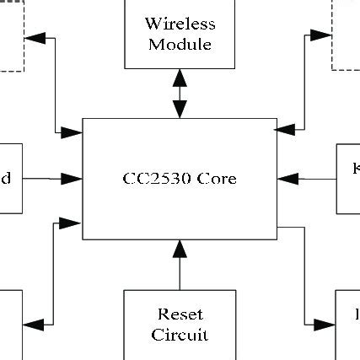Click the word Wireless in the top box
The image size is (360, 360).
click(x=180, y=24)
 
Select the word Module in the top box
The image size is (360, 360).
click(x=180, y=44)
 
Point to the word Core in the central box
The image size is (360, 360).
click(x=218, y=179)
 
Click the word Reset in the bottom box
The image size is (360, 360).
click(x=180, y=314)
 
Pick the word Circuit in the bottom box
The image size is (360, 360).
click(x=180, y=335)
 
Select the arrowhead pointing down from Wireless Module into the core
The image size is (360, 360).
click(x=180, y=110)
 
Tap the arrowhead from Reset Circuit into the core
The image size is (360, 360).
click(x=180, y=249)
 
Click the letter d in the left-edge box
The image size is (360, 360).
click(x=6, y=179)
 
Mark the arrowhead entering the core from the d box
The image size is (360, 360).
click(x=73, y=179)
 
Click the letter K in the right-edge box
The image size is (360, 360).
click(x=356, y=169)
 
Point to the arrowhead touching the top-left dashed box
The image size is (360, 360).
click(x=34, y=37)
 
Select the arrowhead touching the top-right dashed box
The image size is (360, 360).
click(x=320, y=35)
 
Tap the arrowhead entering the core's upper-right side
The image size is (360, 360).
click(x=287, y=130)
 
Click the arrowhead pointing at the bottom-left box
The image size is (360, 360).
click(x=33, y=325)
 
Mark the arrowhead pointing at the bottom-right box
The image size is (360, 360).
click(x=325, y=325)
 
